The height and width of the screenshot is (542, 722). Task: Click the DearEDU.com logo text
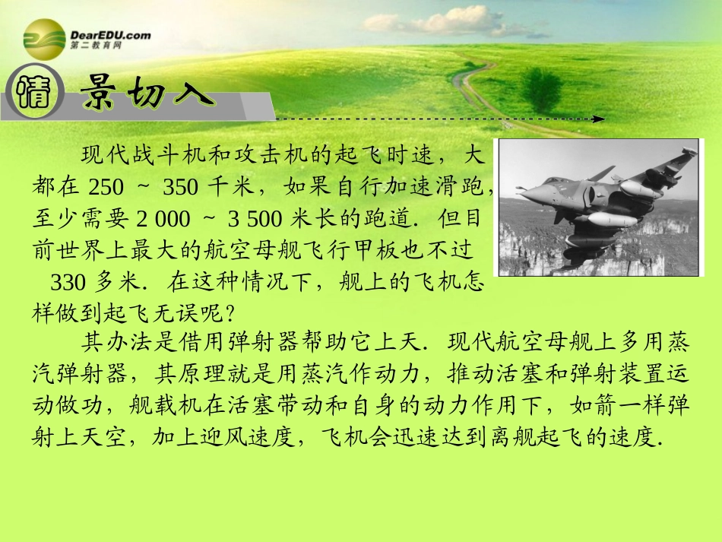110,34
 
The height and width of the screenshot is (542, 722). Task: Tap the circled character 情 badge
30,94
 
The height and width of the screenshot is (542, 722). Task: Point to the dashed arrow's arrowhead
600,119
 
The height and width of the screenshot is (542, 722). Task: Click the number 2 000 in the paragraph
163,218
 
